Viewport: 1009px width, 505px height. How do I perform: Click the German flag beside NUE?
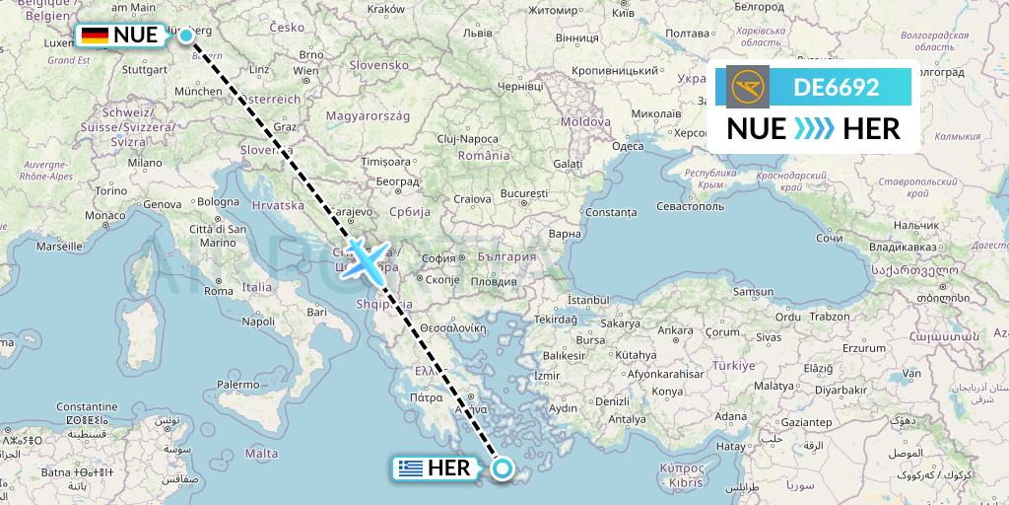(x=95, y=36)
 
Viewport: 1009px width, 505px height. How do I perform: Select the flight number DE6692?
(x=836, y=88)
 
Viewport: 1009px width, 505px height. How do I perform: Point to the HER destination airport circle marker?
(x=503, y=469)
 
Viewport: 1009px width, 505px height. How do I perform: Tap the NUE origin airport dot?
(x=186, y=36)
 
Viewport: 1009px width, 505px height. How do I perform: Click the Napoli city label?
(x=258, y=322)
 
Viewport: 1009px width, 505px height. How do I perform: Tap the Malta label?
(x=260, y=453)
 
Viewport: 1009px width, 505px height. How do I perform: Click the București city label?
(x=523, y=194)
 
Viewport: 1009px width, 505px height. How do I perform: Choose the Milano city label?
(x=143, y=163)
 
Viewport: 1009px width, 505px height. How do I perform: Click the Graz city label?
(x=285, y=126)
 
